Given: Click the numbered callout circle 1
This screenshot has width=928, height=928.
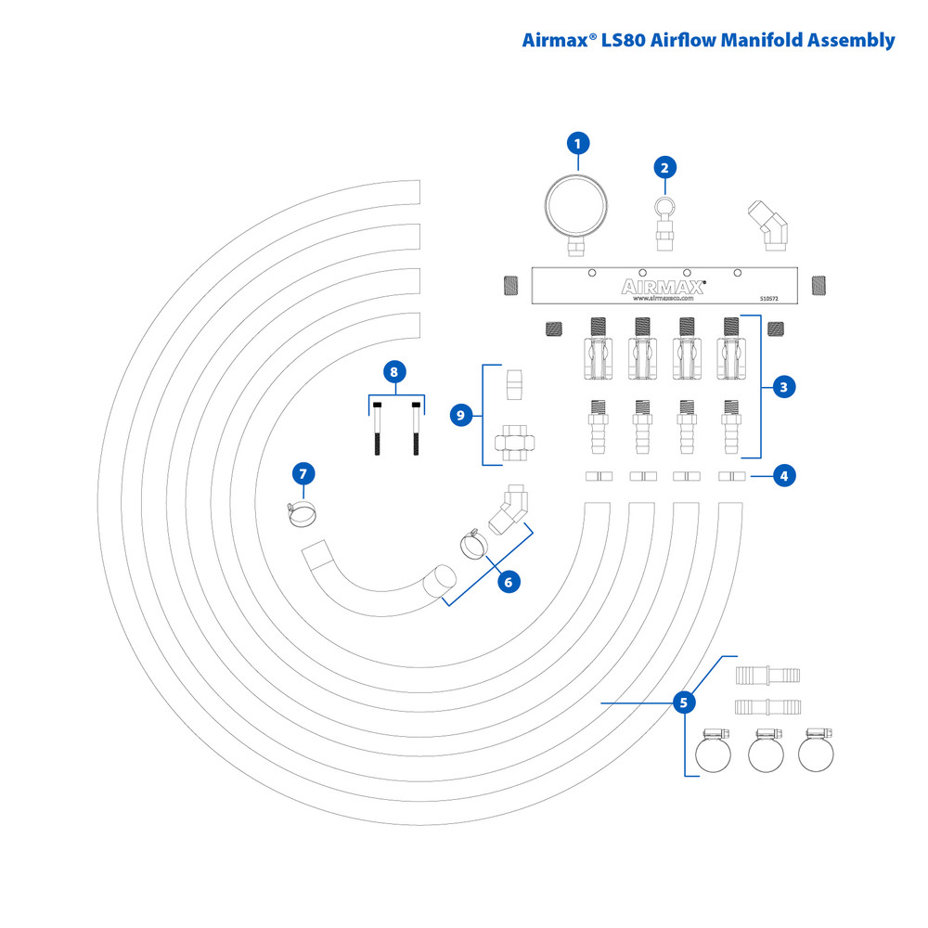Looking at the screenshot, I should tap(578, 144).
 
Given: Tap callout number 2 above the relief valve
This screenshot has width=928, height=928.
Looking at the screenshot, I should tap(664, 167).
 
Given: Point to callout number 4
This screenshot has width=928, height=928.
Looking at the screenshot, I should tap(784, 476).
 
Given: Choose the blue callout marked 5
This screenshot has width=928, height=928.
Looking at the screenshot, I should tap(684, 702).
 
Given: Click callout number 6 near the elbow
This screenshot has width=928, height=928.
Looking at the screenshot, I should tap(507, 582).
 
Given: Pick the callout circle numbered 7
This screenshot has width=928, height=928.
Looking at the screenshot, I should tap(303, 473).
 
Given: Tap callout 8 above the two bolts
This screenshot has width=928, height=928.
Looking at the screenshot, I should tap(394, 372).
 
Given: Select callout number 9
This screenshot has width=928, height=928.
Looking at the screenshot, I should tap(460, 415).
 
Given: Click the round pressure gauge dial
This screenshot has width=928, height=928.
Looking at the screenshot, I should tap(575, 205).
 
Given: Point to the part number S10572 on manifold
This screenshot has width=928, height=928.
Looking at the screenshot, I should tap(769, 299).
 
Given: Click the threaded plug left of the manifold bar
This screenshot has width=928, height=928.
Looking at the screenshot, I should tap(509, 284).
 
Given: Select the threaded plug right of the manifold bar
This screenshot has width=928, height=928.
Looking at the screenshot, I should tap(818, 284).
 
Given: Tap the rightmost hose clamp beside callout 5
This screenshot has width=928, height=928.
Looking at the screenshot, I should tap(817, 751).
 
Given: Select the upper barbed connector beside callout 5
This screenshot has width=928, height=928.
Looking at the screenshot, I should tap(767, 674).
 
